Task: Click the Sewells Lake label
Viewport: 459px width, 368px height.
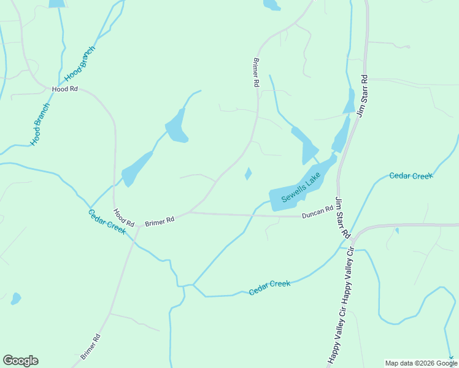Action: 301,187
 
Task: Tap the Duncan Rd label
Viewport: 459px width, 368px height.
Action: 317,212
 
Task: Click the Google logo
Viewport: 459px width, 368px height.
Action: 20,360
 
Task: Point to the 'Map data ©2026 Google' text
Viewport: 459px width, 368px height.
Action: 422,363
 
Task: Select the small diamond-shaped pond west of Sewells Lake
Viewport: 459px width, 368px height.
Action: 248,174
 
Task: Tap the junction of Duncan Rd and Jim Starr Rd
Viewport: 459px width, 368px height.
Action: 338,215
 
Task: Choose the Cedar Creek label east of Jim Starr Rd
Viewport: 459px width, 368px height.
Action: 411,176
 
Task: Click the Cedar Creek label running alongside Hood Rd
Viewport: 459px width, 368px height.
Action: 107,221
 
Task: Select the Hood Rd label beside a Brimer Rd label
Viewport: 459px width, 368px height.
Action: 123,218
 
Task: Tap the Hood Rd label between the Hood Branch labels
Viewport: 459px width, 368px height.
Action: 65,89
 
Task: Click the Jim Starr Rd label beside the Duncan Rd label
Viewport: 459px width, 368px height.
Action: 342,218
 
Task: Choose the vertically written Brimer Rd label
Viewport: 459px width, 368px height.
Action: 256,73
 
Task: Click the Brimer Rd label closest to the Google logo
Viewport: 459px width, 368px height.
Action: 90,347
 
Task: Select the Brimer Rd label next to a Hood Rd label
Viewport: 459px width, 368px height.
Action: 160,220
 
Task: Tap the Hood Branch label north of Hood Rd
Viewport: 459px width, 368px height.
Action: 80,65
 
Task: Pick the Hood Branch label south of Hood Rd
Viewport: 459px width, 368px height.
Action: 40,123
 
